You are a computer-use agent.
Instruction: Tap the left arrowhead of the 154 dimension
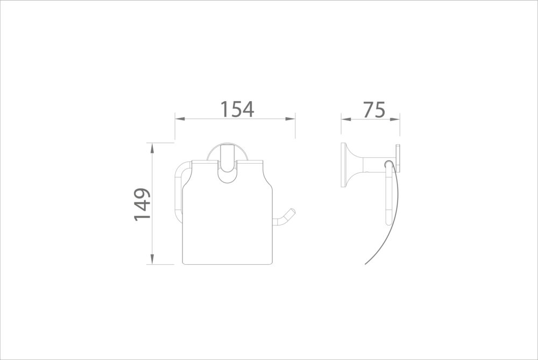pos(180,119)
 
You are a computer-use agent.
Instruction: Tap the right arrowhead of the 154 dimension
pos(291,119)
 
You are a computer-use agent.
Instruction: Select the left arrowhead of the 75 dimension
pos(346,119)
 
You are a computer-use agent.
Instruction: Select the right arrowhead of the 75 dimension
pos(394,119)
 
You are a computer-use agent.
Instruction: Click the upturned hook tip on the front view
pos(292,211)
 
